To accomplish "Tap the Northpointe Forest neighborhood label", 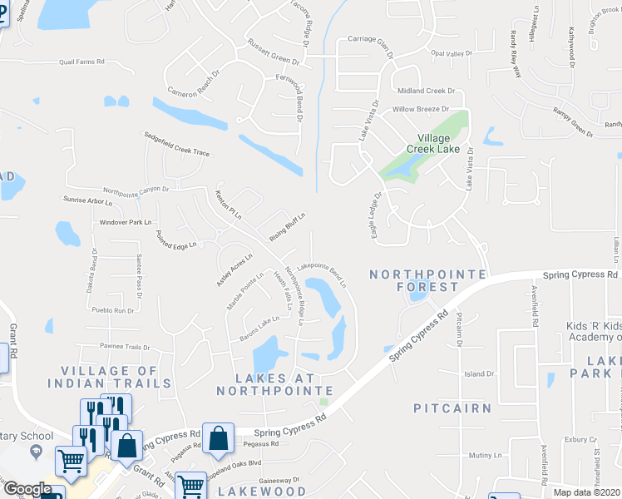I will tap(415, 280).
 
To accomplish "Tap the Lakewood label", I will tap(262, 492).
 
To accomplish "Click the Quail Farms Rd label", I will tap(81, 62).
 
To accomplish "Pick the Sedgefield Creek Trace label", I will tap(176, 143).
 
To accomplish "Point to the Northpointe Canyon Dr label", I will tap(136, 190).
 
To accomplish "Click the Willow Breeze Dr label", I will tap(420, 109).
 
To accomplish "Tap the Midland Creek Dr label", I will tap(427, 91).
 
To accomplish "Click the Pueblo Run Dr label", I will tap(113, 310).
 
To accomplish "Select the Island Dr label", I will tap(479, 374).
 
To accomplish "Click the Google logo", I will tap(27, 489).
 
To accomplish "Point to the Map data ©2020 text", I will tap(587, 492).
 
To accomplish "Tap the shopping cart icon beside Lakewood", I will tap(191, 486).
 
